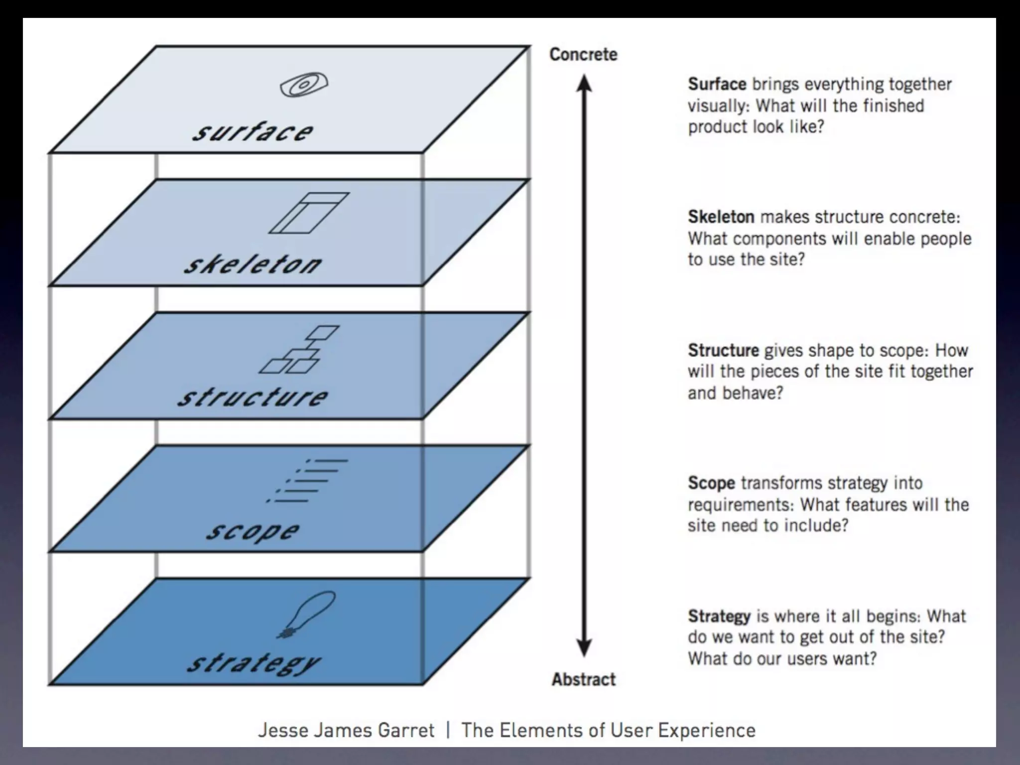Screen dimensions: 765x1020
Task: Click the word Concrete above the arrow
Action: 583,54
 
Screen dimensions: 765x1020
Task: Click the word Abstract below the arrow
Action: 584,679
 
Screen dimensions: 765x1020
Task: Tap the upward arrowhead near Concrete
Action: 584,84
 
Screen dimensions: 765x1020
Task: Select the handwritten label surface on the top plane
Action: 253,132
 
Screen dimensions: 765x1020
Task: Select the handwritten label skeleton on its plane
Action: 253,264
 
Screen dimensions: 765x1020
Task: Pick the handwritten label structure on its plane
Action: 253,397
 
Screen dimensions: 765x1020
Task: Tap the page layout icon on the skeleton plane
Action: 309,213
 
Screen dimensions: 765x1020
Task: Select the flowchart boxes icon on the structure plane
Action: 299,349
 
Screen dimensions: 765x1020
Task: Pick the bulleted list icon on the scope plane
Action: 306,481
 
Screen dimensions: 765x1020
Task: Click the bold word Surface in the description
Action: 717,84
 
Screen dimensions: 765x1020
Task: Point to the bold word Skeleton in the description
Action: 721,217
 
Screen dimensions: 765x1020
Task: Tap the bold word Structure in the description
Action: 723,350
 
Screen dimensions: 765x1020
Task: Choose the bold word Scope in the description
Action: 711,483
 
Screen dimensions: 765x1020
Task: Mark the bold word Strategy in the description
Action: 719,617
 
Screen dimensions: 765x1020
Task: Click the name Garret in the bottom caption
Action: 406,730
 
